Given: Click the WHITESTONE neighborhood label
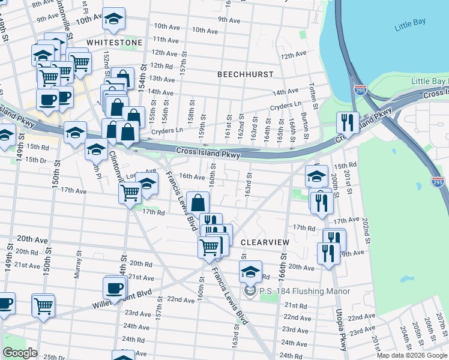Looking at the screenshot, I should point(114,43).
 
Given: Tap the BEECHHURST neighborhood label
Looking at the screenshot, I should point(245,74).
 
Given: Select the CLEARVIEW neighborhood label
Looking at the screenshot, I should point(265,242).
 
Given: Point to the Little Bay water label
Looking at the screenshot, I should point(410,27).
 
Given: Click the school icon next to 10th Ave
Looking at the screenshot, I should point(113,19).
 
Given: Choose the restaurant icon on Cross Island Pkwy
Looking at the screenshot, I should point(347,122).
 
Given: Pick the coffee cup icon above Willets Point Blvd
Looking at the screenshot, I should point(114,287).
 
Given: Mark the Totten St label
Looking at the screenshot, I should point(312,92).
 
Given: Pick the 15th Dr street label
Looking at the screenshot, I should point(36,160).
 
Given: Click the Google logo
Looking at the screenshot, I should point(20,353).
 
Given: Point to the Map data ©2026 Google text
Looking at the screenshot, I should point(412,355).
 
